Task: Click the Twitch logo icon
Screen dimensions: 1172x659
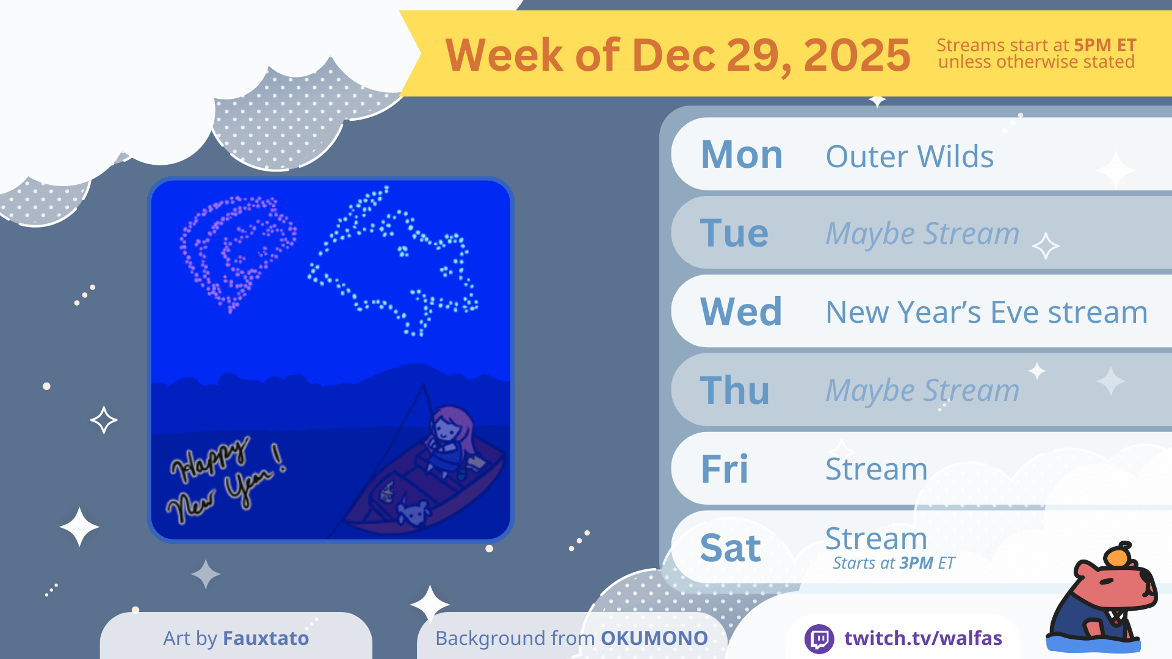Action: pos(819,639)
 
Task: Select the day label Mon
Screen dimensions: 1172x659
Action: pos(742,154)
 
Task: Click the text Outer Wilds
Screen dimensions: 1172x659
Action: pos(910,156)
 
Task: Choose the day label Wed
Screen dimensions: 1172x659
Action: pos(741,311)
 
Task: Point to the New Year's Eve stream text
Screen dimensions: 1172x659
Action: pos(986,312)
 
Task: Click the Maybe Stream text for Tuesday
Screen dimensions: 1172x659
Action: pos(922,234)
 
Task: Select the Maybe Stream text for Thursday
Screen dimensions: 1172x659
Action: pos(922,391)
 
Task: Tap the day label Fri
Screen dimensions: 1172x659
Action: pos(725,469)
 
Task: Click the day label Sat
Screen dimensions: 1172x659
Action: pos(731,547)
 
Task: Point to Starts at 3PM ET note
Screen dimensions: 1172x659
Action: pos(894,563)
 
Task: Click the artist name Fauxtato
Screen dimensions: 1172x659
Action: pos(266,638)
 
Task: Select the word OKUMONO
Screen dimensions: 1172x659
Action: pos(654,638)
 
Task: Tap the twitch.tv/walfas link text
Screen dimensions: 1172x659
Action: pos(923,638)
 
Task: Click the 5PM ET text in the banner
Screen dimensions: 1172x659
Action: pos(1105,45)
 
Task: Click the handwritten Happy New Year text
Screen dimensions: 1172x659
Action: pos(226,480)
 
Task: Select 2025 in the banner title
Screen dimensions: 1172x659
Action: pos(857,55)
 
